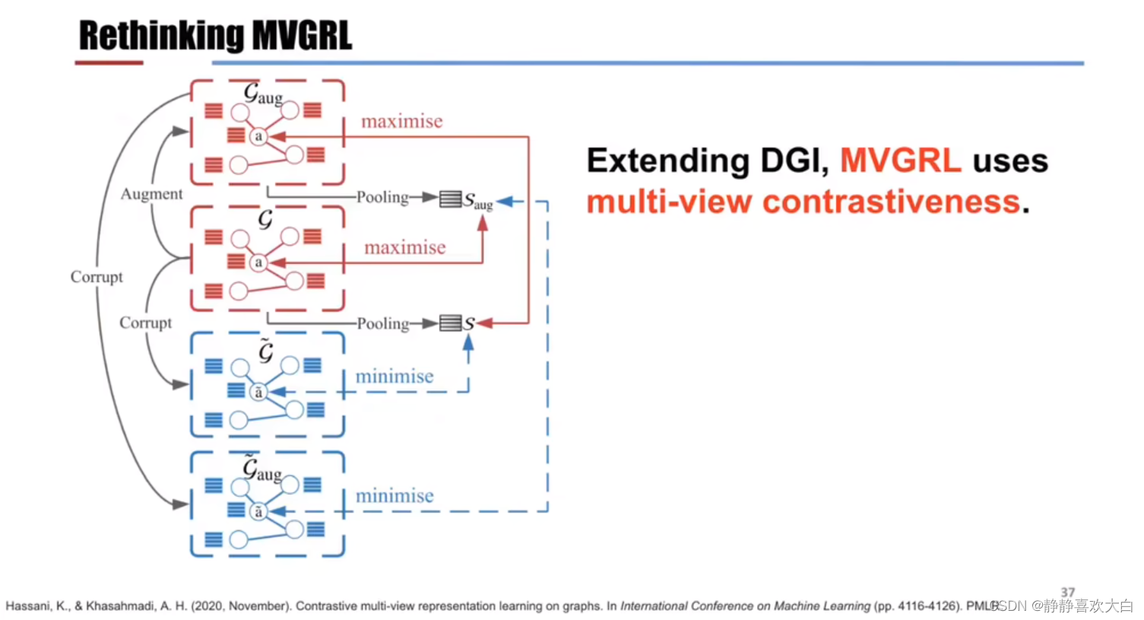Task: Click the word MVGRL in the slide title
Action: pyautogui.click(x=302, y=36)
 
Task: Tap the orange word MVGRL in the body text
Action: pyautogui.click(x=901, y=161)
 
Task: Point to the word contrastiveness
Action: pyautogui.click(x=891, y=202)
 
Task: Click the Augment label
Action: pyautogui.click(x=151, y=194)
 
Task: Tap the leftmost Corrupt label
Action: pyautogui.click(x=97, y=277)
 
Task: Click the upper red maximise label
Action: pyautogui.click(x=401, y=122)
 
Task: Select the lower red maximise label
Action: pyautogui.click(x=404, y=248)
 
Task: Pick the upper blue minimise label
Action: pyautogui.click(x=395, y=377)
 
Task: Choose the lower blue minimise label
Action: pyautogui.click(x=395, y=496)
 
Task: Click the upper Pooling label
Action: pyautogui.click(x=382, y=197)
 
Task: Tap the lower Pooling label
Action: pyautogui.click(x=382, y=323)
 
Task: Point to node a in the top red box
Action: pyautogui.click(x=258, y=136)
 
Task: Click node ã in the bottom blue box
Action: pyautogui.click(x=258, y=511)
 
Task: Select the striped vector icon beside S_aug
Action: pyautogui.click(x=450, y=199)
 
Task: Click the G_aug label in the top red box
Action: pyautogui.click(x=263, y=94)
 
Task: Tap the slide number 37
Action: pyautogui.click(x=1067, y=592)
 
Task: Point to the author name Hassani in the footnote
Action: pyautogui.click(x=29, y=606)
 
